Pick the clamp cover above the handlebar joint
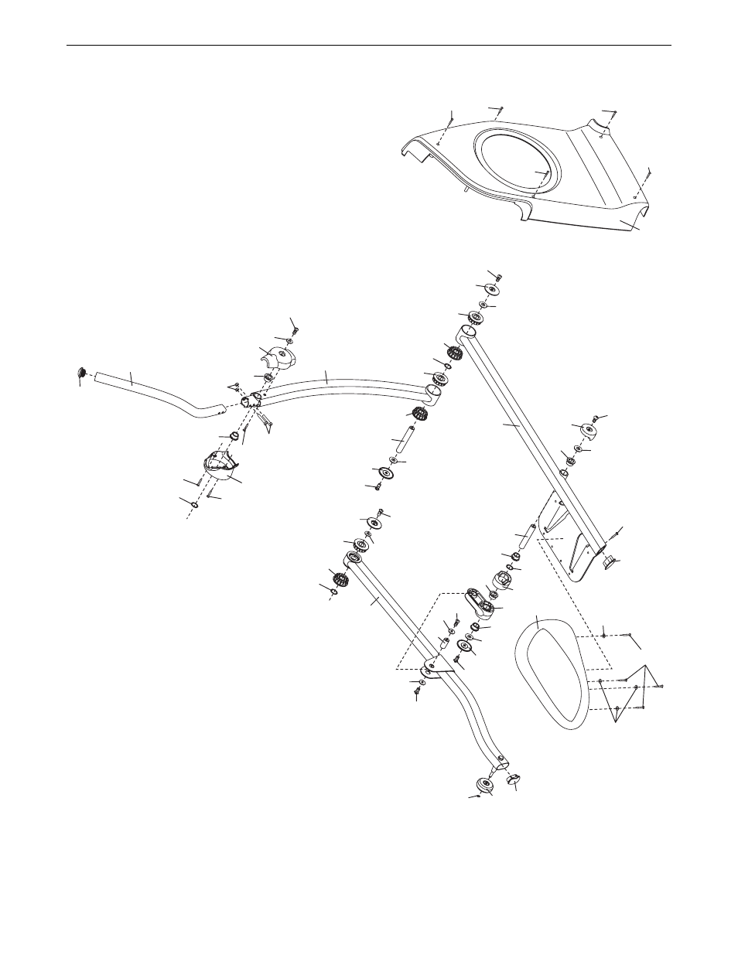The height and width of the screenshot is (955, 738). [277, 356]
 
